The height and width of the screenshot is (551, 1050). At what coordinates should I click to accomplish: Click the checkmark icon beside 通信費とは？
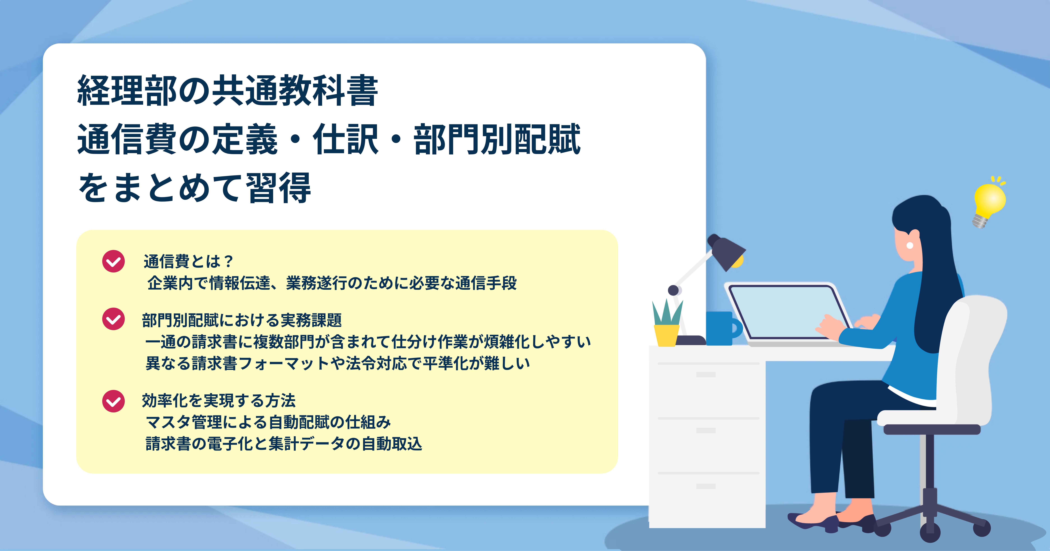pyautogui.click(x=113, y=261)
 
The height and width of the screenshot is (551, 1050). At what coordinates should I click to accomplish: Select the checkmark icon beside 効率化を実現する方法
pyautogui.click(x=113, y=401)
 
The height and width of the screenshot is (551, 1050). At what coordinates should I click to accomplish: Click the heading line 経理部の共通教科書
pyautogui.click(x=227, y=90)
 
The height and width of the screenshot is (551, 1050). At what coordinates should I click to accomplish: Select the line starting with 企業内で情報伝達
pyautogui.click(x=332, y=283)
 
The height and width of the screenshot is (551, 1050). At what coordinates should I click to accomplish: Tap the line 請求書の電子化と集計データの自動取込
pyautogui.click(x=284, y=444)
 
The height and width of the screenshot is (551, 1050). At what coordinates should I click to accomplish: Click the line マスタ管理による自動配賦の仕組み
pyautogui.click(x=268, y=422)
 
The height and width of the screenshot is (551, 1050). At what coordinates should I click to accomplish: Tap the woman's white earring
pyautogui.click(x=909, y=246)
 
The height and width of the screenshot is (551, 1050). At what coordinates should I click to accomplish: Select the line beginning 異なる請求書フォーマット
pyautogui.click(x=337, y=363)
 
